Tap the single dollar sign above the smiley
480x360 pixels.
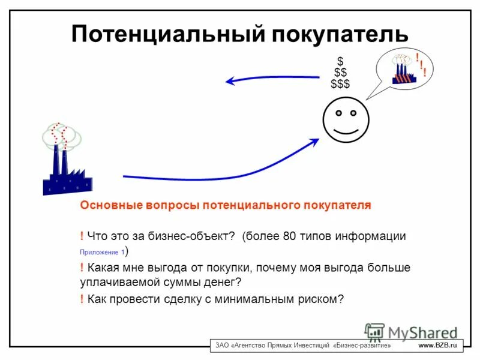tap(340, 61)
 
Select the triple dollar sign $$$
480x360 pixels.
tap(340, 83)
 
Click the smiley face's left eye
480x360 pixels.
tap(338, 112)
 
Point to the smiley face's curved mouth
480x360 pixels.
tap(347, 129)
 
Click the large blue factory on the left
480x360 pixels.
tap(65, 168)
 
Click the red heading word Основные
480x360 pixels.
tap(111, 205)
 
